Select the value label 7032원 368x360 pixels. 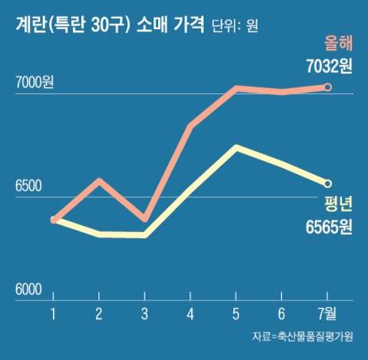tap(327, 67)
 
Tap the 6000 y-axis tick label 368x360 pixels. tap(29, 290)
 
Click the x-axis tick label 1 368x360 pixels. tap(54, 313)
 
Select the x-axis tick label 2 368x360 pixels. tap(99, 313)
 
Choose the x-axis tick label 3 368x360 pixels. tap(145, 313)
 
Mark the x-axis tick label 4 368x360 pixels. tap(191, 313)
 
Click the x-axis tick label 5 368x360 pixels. tap(237, 313)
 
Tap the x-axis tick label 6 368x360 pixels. tap(282, 313)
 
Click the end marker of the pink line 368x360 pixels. tap(328, 87)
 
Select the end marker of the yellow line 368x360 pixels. tap(328, 184)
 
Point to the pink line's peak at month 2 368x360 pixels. tap(100, 181)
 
